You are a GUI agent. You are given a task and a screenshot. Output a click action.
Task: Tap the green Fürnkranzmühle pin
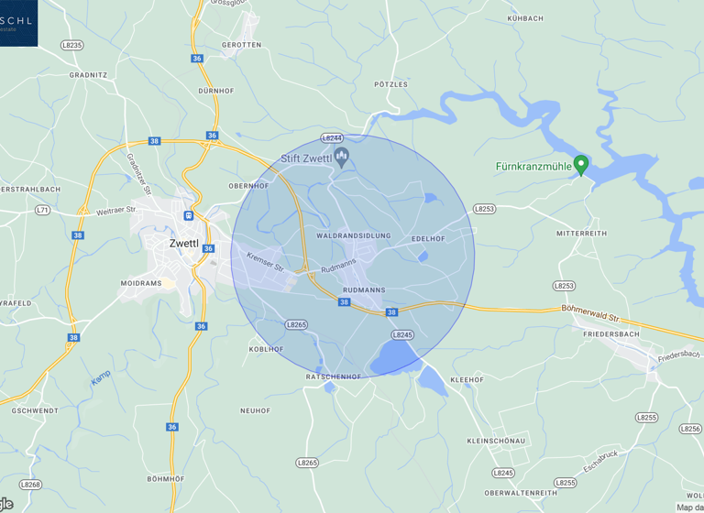pos(580,165)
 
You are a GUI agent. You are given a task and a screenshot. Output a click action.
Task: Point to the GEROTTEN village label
pos(241,44)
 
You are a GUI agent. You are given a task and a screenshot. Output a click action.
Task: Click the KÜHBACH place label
pos(525,18)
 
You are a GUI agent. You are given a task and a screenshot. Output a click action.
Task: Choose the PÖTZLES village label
pos(391,83)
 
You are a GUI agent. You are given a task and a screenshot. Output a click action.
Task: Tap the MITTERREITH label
pos(581,234)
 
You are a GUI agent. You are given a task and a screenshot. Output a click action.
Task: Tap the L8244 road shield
pos(332,138)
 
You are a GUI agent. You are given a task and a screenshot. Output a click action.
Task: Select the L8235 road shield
pos(71,44)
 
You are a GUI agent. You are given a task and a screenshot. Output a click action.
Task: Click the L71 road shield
pos(42,210)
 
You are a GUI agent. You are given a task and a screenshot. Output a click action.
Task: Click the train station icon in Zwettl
pos(188,216)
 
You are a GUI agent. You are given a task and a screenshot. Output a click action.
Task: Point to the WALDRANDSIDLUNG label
pos(353,236)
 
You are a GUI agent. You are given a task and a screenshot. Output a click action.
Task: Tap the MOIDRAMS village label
pos(140,284)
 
